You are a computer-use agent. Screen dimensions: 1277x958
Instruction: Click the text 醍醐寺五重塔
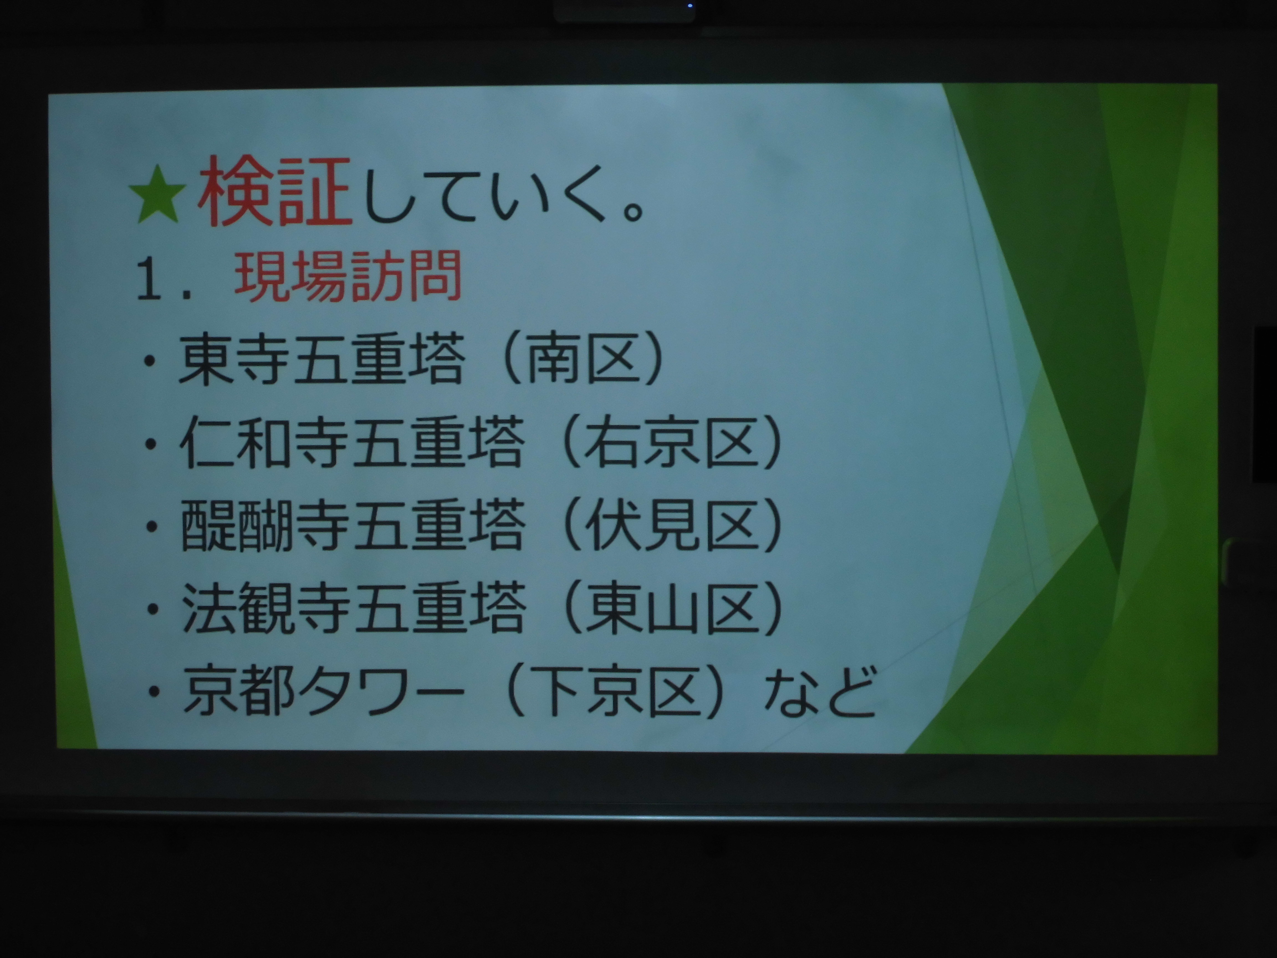(x=353, y=525)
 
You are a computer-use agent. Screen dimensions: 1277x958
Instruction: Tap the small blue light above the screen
(x=690, y=6)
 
